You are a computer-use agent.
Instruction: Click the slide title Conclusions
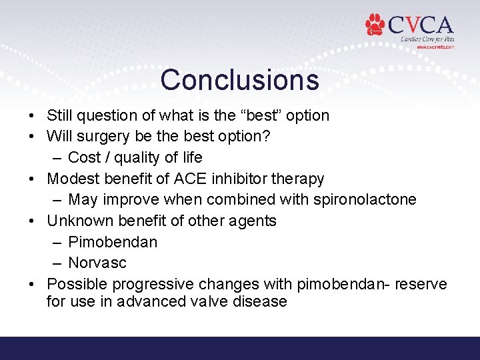239,79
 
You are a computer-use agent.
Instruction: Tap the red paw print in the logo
375,25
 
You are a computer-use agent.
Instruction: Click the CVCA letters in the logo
420,26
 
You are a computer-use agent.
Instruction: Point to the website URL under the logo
435,47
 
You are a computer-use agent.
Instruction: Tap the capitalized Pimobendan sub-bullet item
113,242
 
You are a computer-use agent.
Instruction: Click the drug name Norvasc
97,263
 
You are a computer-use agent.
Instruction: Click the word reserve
421,284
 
